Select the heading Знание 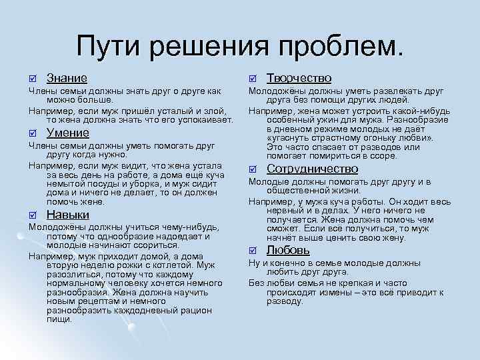pos(67,79)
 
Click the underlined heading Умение pos(68,132)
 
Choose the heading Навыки pos(68,215)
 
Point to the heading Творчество pos(299,79)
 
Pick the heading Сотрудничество pos(312,169)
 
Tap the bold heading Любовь pos(288,250)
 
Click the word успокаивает pos(203,119)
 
